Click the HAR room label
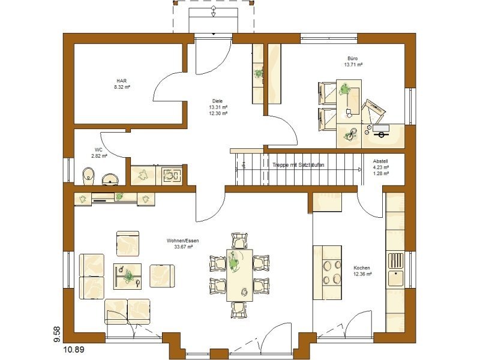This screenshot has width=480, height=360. [122, 81]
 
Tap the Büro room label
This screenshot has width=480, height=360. [352, 58]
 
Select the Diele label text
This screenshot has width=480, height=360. [217, 101]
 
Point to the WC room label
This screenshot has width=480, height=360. [98, 149]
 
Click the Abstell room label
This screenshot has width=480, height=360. [380, 161]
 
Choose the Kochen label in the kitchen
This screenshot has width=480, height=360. [362, 268]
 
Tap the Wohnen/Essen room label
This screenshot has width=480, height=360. [183, 241]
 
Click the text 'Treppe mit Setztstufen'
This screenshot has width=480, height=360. [298, 165]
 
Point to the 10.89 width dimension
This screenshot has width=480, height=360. [74, 349]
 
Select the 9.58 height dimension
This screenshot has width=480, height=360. [57, 335]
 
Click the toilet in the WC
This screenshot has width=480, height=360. [88, 176]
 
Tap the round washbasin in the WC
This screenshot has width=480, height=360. [110, 179]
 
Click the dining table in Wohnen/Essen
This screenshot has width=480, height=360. [239, 275]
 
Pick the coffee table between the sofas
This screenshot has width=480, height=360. [127, 277]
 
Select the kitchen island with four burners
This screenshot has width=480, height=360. [327, 272]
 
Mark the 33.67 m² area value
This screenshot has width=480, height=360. [183, 247]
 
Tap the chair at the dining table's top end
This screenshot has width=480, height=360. [239, 241]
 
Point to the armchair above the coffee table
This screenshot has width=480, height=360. [128, 244]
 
